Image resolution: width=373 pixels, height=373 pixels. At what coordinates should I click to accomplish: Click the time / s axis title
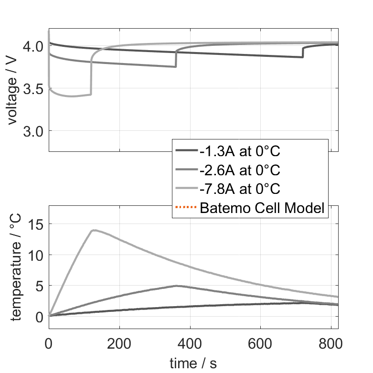tap(193, 364)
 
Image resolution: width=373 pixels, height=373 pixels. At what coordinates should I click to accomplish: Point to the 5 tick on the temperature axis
tap(40, 286)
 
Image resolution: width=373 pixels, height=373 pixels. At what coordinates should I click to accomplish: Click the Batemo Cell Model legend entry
tap(263, 208)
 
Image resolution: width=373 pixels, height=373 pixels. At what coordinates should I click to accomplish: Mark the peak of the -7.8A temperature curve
tap(94, 230)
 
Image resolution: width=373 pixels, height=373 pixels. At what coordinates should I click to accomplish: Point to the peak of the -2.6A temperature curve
tap(176, 286)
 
